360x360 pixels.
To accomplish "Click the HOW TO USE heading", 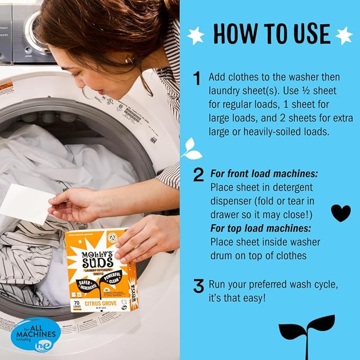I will pos(271,33).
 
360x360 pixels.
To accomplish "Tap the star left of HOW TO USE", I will pos(196,35).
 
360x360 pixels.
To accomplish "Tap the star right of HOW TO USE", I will pos(344,35).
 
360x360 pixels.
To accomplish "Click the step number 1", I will pos(197,79).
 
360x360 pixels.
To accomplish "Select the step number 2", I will pos(198,175).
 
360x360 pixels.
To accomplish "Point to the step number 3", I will pos(198,287).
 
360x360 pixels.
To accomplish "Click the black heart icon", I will pos(340,213).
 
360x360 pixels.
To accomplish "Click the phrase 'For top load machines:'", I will pos(260,229).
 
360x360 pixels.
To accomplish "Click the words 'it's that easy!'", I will pos(243,298).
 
